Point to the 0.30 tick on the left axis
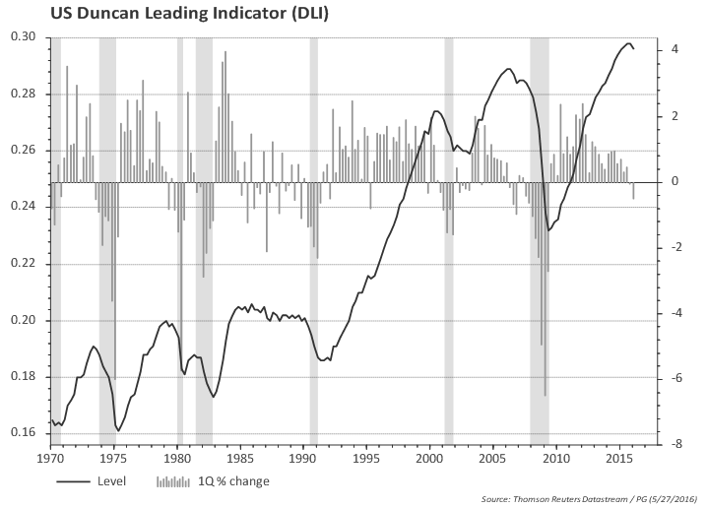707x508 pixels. pos(24,37)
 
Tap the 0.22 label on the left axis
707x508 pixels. pos(24,264)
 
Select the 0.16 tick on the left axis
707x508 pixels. pos(24,434)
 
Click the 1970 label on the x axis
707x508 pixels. pos(50,458)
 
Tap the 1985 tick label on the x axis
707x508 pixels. pos(240,458)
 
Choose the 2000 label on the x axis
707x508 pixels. pos(430,458)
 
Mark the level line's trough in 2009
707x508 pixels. pos(549,230)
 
